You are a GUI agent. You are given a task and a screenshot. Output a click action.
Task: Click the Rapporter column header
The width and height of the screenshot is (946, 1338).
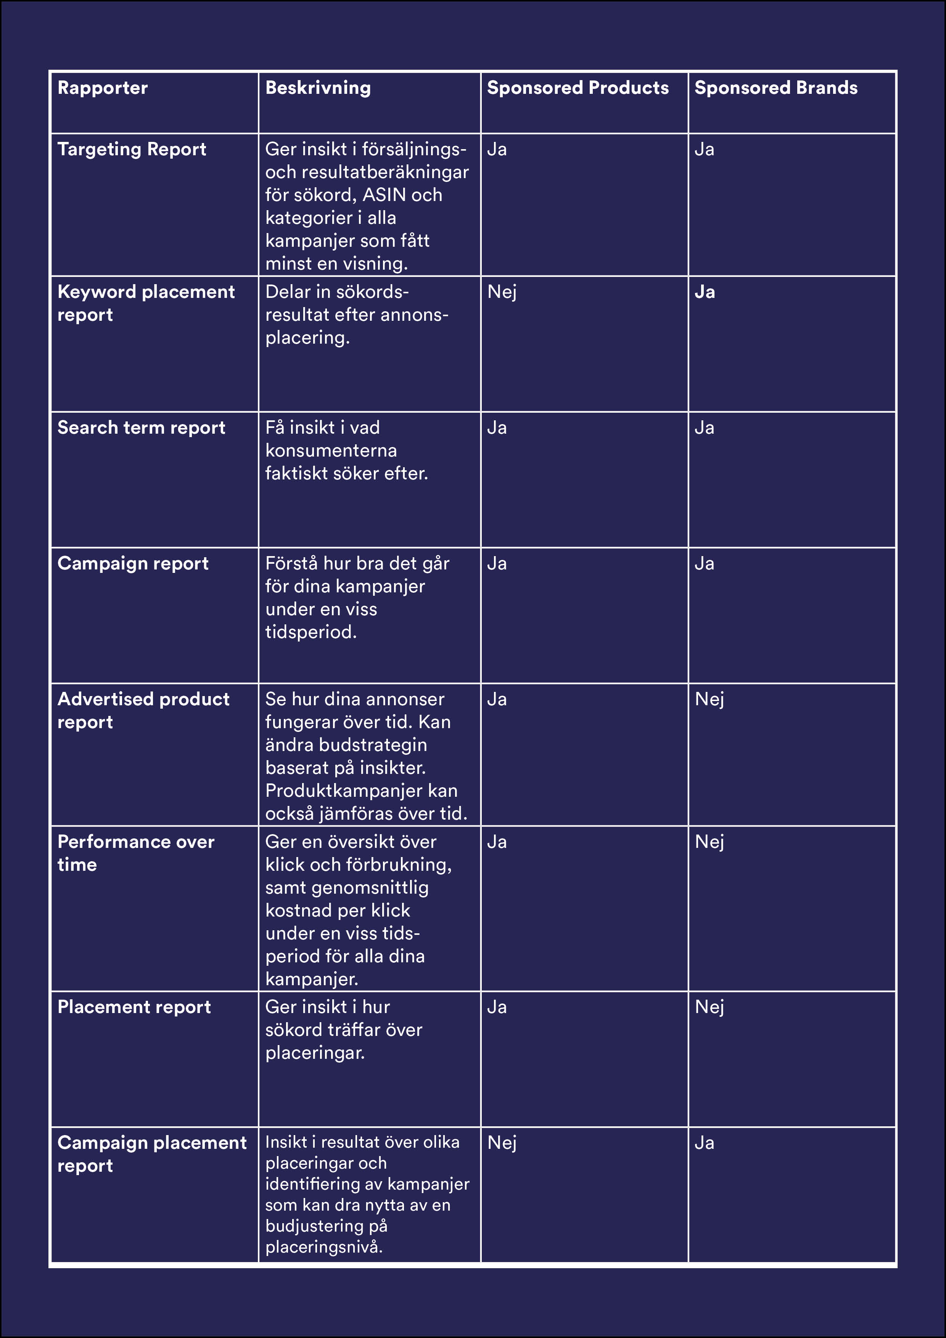point(103,88)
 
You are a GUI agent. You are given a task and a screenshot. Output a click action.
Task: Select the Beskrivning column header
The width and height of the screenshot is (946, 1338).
point(318,88)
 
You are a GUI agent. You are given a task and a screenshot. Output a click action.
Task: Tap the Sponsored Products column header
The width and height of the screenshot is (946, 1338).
point(578,88)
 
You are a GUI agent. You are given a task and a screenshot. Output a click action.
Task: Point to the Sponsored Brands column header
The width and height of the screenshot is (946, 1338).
point(776,88)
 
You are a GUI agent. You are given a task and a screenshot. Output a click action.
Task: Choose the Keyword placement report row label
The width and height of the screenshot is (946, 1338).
point(146,303)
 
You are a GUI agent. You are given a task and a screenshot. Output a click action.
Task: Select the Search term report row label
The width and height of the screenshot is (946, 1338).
point(141,428)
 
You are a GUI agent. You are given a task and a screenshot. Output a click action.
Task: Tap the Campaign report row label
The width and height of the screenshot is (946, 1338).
point(133,563)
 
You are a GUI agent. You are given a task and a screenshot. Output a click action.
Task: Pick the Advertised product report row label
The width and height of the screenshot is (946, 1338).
point(143,710)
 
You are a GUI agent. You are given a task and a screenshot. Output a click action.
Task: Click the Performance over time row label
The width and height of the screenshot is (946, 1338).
point(136,852)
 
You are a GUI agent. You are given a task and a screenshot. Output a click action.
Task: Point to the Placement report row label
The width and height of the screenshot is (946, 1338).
point(134,1007)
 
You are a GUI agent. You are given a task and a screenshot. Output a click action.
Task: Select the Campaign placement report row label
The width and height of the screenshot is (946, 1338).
point(151,1154)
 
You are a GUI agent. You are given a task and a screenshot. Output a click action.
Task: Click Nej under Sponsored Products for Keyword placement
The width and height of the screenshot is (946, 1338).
point(502,292)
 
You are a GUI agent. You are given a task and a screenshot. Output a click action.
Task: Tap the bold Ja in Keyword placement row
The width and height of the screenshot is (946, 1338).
point(705,292)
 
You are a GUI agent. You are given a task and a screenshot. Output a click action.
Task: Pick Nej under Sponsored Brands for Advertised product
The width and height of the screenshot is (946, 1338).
point(709,699)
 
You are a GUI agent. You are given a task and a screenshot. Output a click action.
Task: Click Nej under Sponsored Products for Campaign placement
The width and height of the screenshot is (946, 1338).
point(502,1143)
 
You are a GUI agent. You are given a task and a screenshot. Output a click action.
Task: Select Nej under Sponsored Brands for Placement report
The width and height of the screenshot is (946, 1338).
point(709,1007)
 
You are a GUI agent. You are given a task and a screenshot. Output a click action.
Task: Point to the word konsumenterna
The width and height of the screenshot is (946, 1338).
point(331,450)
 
